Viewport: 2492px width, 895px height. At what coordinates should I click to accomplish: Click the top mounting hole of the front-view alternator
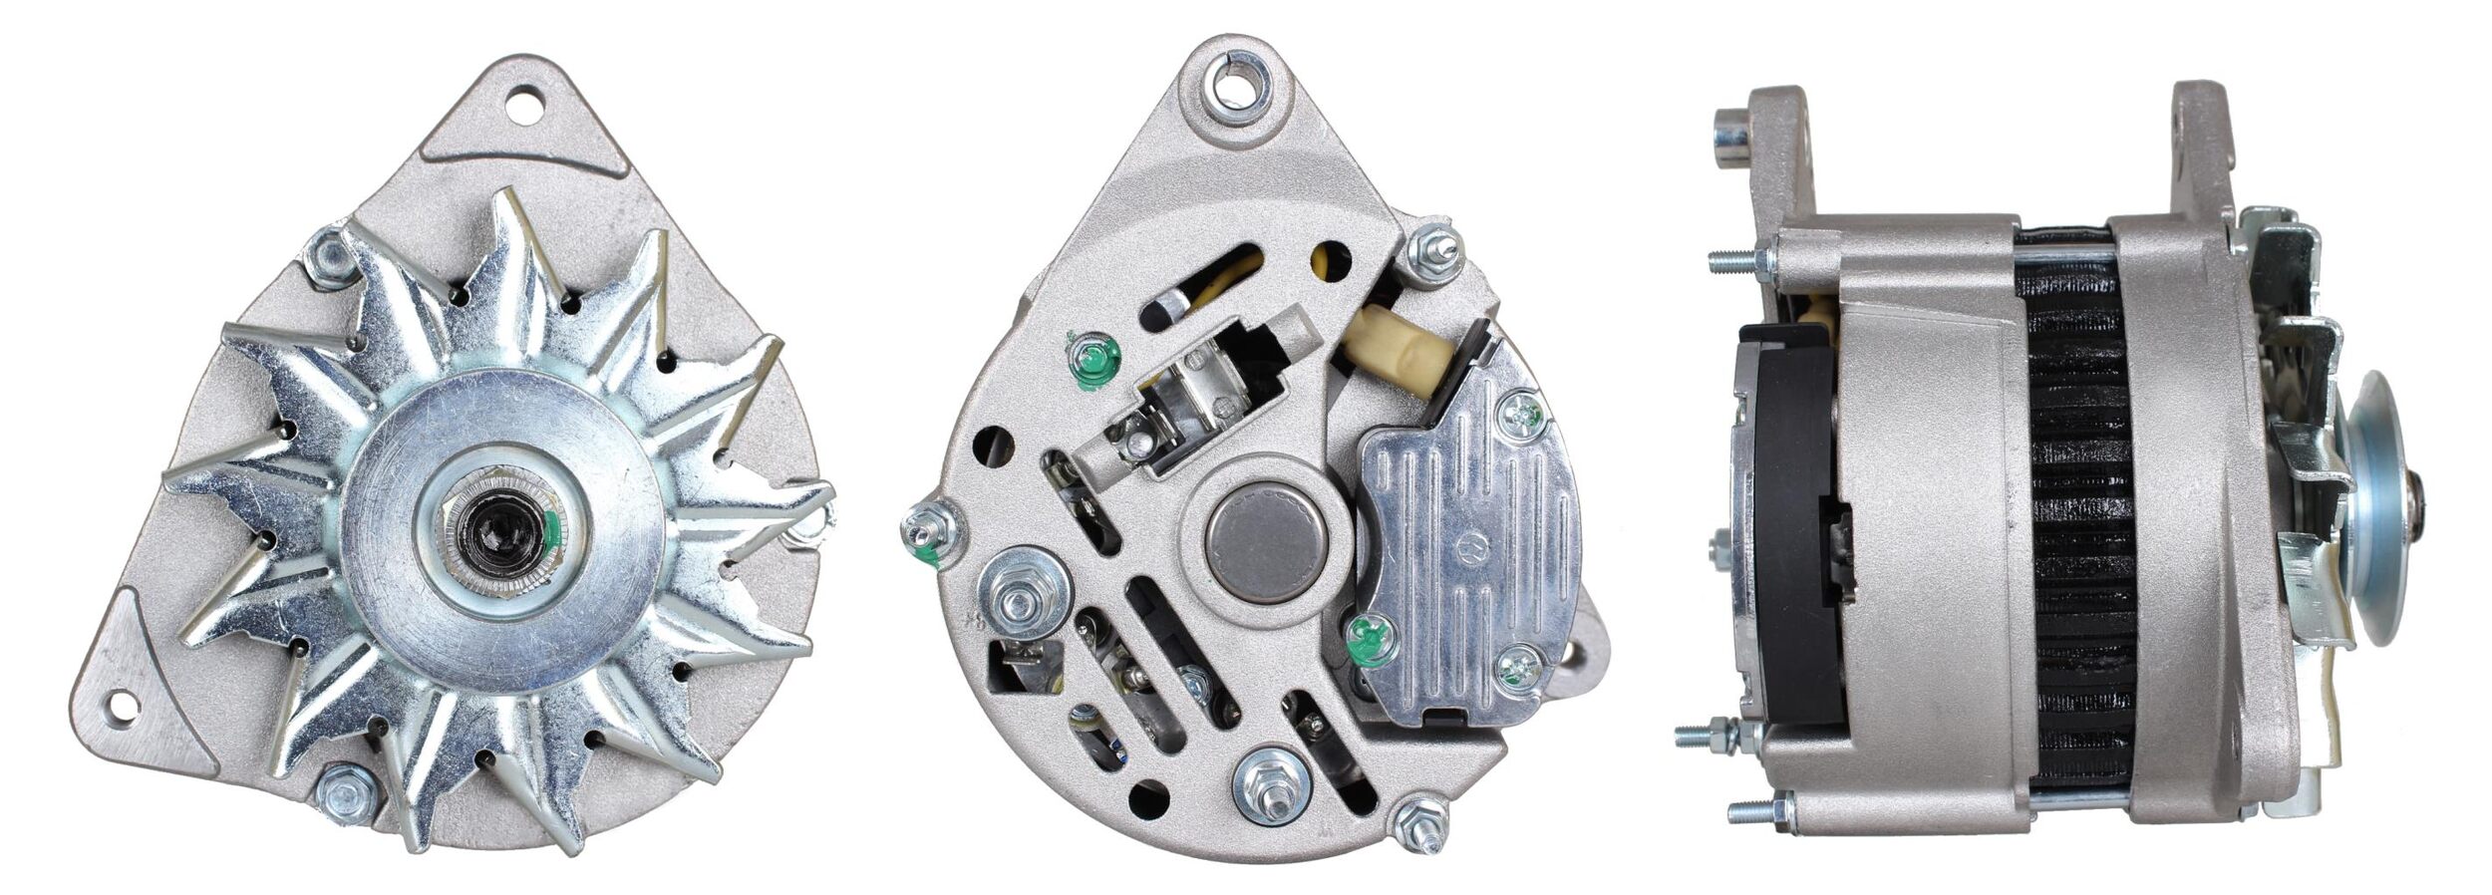pyautogui.click(x=525, y=103)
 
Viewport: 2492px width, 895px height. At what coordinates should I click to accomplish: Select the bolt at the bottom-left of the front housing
pyautogui.click(x=346, y=793)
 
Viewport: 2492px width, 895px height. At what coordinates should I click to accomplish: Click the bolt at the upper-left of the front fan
pyautogui.click(x=328, y=256)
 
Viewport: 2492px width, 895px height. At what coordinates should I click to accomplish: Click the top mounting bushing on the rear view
pyautogui.click(x=1237, y=83)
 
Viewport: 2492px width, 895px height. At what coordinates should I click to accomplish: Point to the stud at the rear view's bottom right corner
pyautogui.click(x=1422, y=824)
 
